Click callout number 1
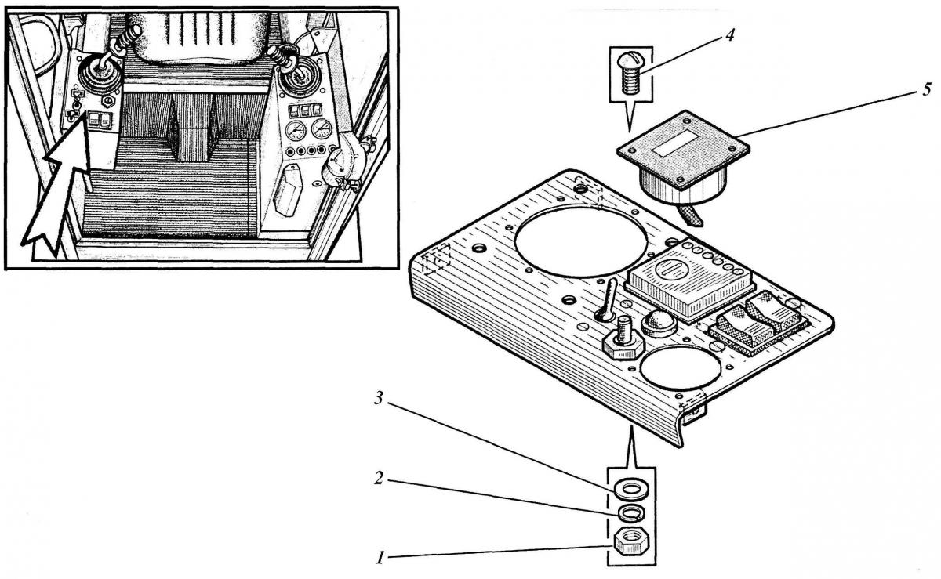click(x=380, y=558)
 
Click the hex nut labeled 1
click(x=630, y=540)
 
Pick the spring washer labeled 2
click(x=630, y=513)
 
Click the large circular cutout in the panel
click(x=581, y=241)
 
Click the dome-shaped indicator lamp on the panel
click(x=659, y=321)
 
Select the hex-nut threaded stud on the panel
click(x=624, y=338)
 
